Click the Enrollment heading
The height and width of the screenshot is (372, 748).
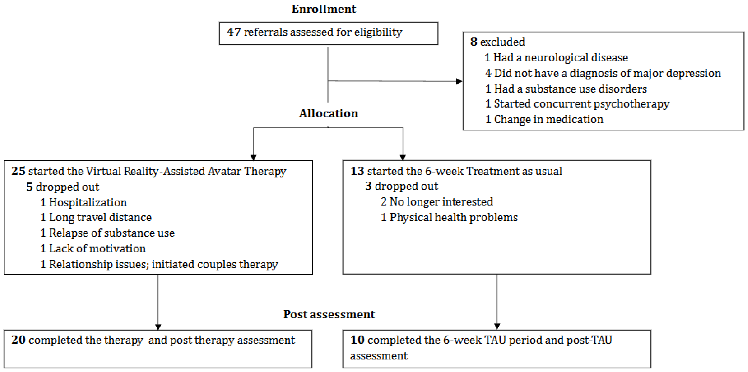[x=323, y=9]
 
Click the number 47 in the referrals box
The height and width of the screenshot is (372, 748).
[x=234, y=32]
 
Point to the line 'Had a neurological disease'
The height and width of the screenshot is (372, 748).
[x=560, y=57]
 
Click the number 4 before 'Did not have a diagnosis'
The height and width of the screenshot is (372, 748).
[x=488, y=73]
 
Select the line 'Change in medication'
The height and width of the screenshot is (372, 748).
[x=549, y=119]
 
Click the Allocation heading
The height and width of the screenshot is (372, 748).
[x=328, y=113]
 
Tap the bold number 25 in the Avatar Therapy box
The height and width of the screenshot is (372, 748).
[x=18, y=171]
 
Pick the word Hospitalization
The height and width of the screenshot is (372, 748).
[x=88, y=202]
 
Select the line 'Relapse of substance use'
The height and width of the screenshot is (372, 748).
[x=112, y=233]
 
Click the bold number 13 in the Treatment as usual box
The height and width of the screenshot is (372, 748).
[x=357, y=171]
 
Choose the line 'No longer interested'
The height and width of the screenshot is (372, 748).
[x=441, y=202]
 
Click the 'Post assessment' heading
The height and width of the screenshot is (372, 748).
[x=329, y=314]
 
